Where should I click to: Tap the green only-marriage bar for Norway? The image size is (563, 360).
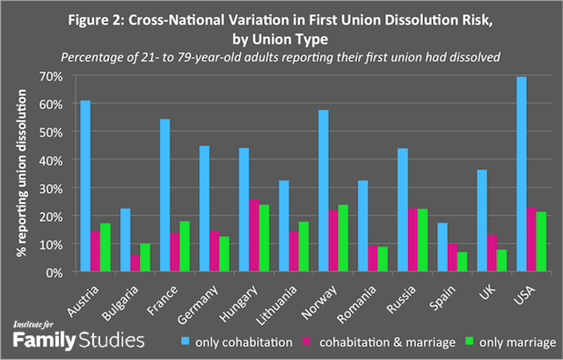tap(319, 239)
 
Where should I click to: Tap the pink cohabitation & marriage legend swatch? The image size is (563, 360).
tap(323, 341)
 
